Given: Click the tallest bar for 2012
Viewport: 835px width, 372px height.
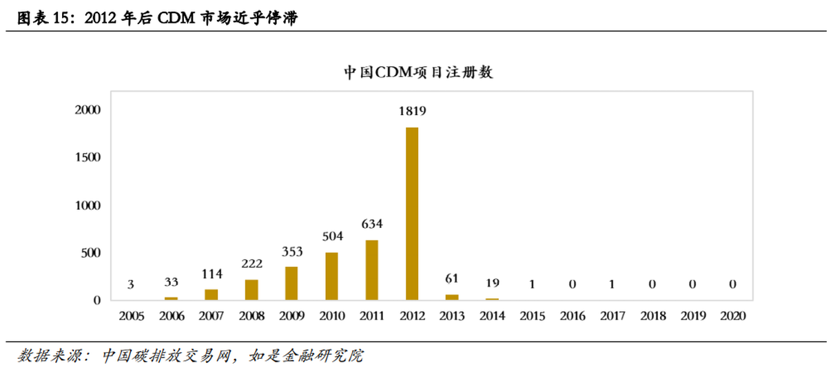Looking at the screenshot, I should tap(412, 214).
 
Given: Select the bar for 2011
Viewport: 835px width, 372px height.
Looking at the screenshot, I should tap(371, 270).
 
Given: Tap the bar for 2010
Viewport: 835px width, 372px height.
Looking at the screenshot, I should tap(331, 276).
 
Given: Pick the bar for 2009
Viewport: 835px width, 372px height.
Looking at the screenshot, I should tap(291, 283).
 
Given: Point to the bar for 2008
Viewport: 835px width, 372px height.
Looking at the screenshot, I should tap(251, 289).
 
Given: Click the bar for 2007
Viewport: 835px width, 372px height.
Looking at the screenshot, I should tap(212, 295).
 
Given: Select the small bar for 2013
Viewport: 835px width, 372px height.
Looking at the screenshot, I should tap(452, 297).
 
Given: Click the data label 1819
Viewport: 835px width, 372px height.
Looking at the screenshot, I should tap(412, 111).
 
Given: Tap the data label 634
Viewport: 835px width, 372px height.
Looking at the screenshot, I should tap(371, 224).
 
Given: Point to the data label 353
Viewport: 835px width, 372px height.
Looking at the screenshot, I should tap(291, 251).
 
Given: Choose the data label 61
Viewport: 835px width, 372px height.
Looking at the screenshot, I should tap(452, 278).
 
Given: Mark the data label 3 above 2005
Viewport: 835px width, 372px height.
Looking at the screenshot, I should tap(131, 284).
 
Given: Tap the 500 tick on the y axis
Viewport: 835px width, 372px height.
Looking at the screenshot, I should tap(92, 253).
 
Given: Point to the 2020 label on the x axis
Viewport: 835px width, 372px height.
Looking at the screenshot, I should tap(732, 316).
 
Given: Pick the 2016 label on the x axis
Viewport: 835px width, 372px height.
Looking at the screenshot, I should tap(572, 316).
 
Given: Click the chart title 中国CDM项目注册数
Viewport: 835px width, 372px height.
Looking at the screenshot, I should tap(417, 72).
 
